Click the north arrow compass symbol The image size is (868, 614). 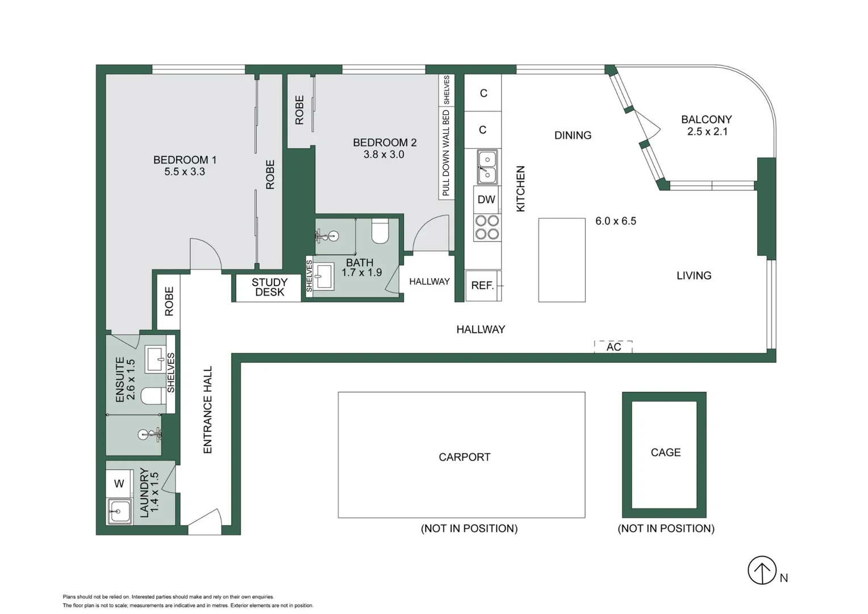click(761, 570)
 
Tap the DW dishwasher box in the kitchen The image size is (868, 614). click(486, 200)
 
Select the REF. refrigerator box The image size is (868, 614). click(482, 285)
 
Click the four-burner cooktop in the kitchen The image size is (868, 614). click(487, 227)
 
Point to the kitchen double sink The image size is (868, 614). click(487, 167)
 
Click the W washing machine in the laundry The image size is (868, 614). click(119, 484)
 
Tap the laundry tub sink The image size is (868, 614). click(119, 511)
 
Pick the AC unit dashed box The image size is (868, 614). click(613, 347)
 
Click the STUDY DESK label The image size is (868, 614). click(269, 287)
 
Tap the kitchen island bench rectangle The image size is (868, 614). click(561, 260)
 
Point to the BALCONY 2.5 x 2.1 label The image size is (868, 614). click(706, 125)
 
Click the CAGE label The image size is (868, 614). click(665, 453)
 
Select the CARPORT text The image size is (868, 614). click(464, 457)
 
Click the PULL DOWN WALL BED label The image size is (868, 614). click(446, 152)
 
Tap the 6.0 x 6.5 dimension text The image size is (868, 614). click(615, 221)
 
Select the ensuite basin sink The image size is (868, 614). click(155, 359)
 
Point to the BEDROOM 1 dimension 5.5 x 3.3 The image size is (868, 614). click(184, 172)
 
